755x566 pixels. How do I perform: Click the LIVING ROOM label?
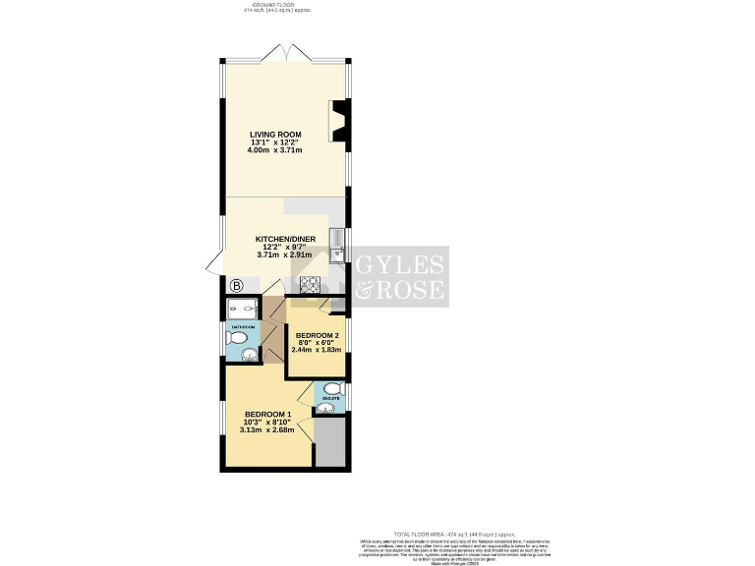tap(275, 134)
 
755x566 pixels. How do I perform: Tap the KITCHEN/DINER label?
tap(284, 239)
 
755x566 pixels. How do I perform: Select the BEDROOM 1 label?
tap(267, 414)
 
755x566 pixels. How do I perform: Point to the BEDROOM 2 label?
tap(316, 335)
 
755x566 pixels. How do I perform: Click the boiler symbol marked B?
tap(236, 286)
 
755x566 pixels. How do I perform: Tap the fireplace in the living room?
tap(339, 122)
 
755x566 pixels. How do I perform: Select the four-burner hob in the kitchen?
tap(310, 285)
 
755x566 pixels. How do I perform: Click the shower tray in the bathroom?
tap(241, 306)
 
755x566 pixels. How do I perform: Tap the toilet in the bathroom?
tap(236, 338)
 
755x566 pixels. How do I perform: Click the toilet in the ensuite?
tap(331, 387)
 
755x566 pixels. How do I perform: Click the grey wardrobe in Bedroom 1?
tap(330, 441)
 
